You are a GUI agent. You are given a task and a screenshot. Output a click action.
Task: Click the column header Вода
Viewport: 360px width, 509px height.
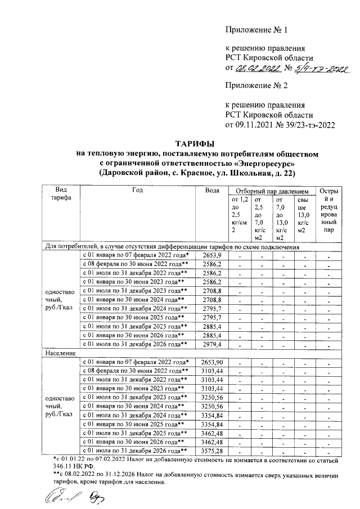tap(213, 190)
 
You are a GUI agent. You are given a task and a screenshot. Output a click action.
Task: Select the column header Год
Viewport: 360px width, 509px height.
tap(138, 190)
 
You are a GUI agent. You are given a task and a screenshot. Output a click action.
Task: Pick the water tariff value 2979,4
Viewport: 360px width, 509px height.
tap(212, 344)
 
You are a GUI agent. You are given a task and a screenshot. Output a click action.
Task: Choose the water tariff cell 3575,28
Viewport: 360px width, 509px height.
tap(212, 451)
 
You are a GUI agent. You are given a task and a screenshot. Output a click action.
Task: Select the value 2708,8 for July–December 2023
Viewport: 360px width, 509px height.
tap(212, 291)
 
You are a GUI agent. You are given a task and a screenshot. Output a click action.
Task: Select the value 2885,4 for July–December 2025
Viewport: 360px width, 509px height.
tap(212, 326)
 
